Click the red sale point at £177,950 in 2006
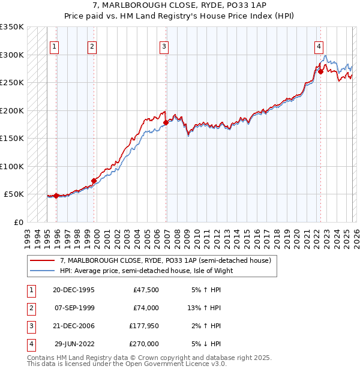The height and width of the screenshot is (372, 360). [165, 122]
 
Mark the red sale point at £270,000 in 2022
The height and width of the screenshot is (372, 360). [320, 71]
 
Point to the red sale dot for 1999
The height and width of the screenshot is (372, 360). [94, 181]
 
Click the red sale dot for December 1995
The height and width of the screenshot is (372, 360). [56, 196]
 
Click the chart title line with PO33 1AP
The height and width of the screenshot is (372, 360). [179, 5]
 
